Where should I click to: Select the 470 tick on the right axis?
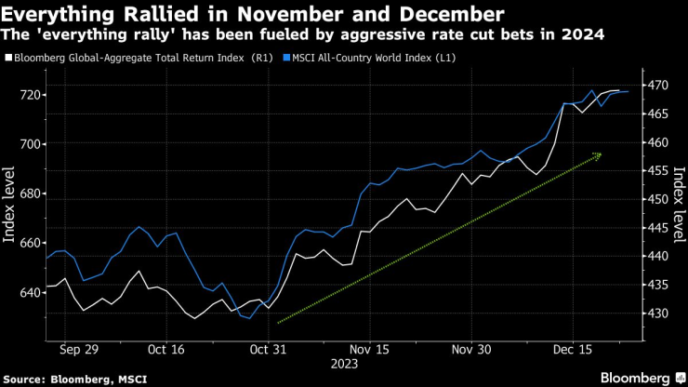658,86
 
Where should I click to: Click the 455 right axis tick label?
658,171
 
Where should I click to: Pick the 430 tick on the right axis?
658,313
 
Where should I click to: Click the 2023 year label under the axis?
343,365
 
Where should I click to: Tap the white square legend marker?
8,59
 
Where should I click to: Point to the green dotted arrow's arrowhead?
599,154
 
